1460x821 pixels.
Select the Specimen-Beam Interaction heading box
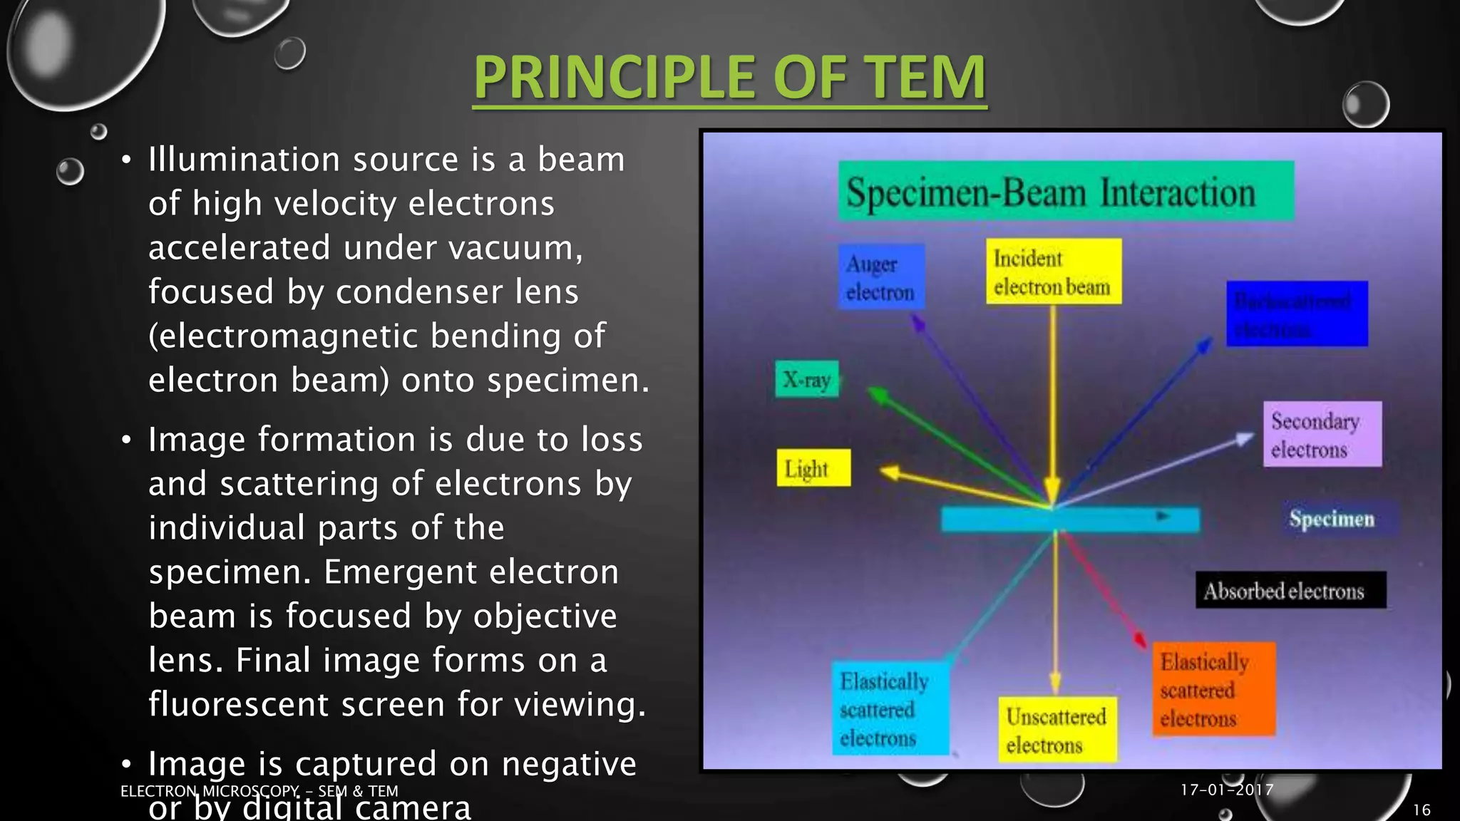(x=1065, y=191)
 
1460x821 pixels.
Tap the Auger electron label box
(x=881, y=277)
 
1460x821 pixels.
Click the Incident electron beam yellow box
(x=1053, y=272)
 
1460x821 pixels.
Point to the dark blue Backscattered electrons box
(x=1296, y=314)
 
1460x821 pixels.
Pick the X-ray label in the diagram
(x=807, y=379)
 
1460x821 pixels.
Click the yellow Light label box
(x=813, y=468)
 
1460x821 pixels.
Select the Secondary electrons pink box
(x=1322, y=434)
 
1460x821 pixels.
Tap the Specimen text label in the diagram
(x=1331, y=519)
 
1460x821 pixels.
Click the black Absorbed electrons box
(x=1290, y=590)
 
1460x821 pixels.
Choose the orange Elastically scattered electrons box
(x=1213, y=689)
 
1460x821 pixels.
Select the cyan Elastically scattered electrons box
(x=889, y=708)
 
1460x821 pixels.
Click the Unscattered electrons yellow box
(x=1057, y=730)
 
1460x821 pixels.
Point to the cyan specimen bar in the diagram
(x=1069, y=520)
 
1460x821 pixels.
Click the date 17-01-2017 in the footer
(x=1226, y=790)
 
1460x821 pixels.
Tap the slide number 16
(x=1422, y=810)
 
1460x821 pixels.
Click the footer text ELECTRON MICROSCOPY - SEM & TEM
(x=259, y=791)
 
